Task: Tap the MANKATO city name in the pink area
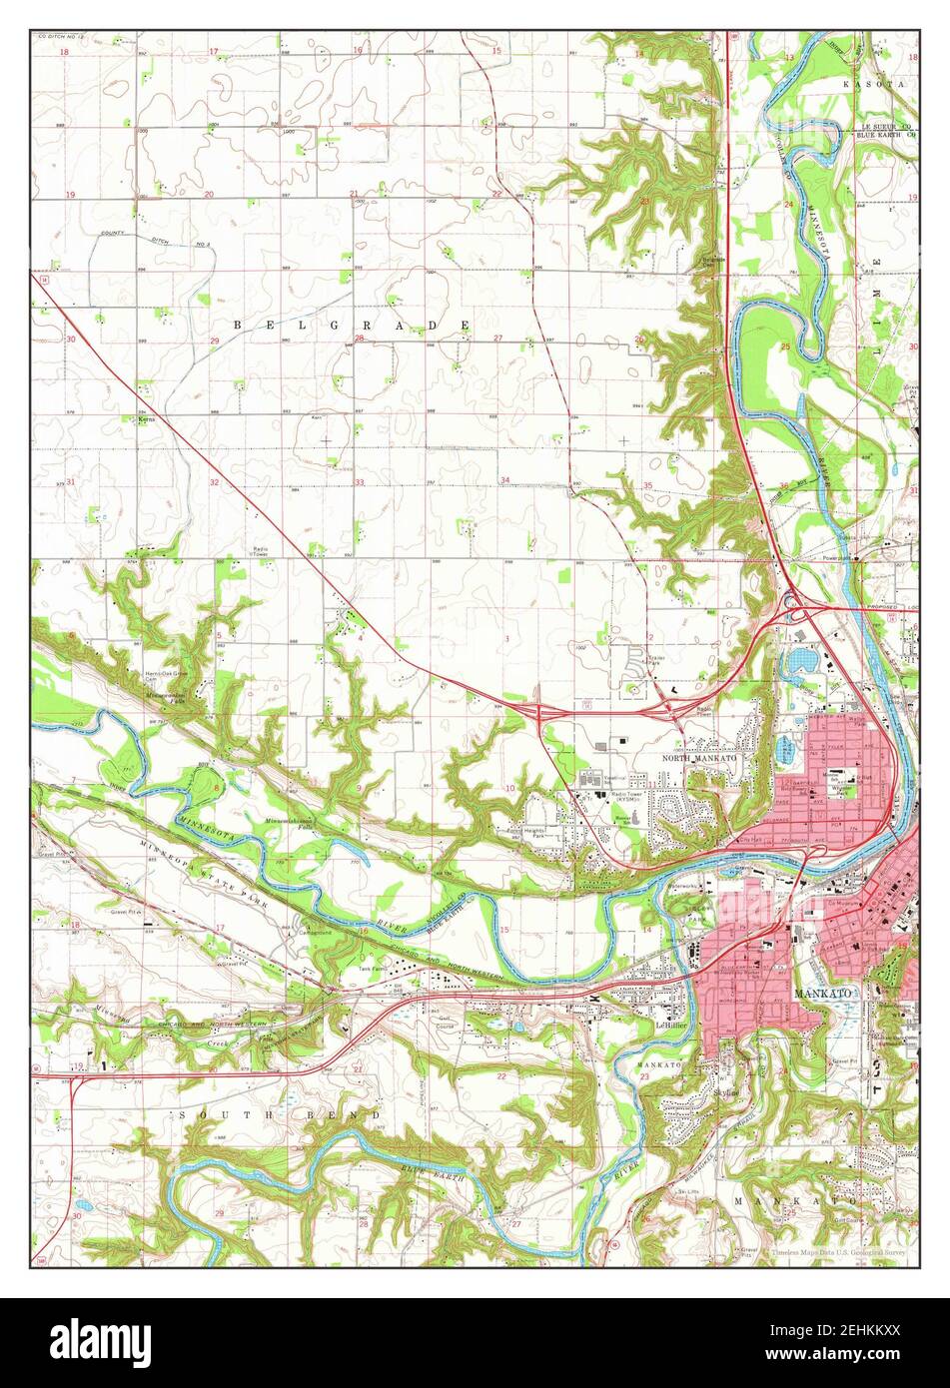tap(822, 995)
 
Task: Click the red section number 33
tap(359, 482)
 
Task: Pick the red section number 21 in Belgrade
tap(354, 193)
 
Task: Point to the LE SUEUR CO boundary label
tap(887, 128)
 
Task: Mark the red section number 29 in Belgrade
tap(214, 342)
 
